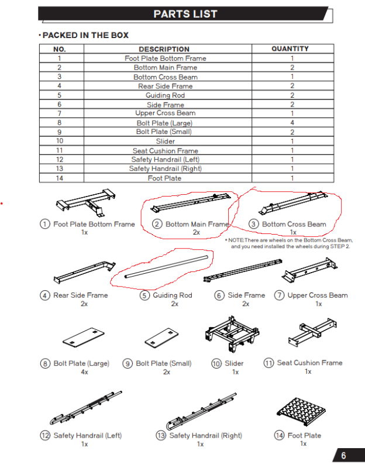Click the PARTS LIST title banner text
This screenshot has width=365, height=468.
click(185, 14)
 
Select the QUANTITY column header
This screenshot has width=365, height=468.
click(290, 49)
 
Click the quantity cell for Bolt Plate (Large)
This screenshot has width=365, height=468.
click(292, 123)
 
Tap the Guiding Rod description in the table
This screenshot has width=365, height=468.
click(166, 95)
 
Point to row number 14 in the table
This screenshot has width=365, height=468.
click(60, 178)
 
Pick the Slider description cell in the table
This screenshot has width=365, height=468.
click(166, 141)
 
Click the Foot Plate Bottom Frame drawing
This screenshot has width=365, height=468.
click(85, 202)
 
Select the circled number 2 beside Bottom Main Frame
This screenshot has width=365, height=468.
click(157, 224)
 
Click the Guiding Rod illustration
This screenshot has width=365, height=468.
click(166, 267)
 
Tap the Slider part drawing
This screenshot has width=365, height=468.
click(232, 333)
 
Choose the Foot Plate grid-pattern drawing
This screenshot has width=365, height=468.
click(301, 411)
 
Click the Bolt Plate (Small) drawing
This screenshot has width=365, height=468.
click(161, 338)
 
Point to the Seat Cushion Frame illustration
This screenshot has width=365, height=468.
click(312, 332)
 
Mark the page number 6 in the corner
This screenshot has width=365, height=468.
click(343, 456)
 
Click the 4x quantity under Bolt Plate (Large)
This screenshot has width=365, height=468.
click(84, 372)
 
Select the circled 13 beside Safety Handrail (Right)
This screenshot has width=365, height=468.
click(161, 435)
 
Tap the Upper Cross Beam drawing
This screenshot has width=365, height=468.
click(309, 270)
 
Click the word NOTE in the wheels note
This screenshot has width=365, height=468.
click(236, 240)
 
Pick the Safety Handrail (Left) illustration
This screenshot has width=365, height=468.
click(86, 408)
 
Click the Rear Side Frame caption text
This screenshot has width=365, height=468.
click(81, 295)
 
